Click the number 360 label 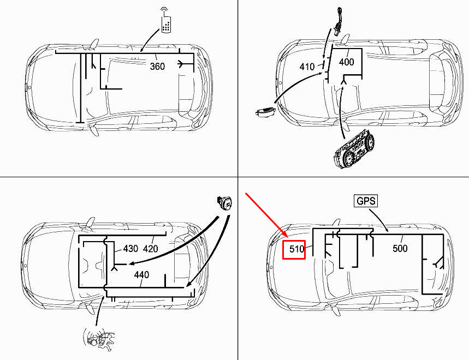[x=157, y=66]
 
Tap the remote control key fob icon [x=165, y=20]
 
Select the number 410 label [x=307, y=67]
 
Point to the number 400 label [x=346, y=62]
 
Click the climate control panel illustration [x=354, y=149]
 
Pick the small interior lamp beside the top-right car [x=265, y=111]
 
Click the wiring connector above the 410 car [x=339, y=21]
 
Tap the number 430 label [x=130, y=249]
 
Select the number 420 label [x=151, y=249]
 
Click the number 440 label [x=141, y=274]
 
